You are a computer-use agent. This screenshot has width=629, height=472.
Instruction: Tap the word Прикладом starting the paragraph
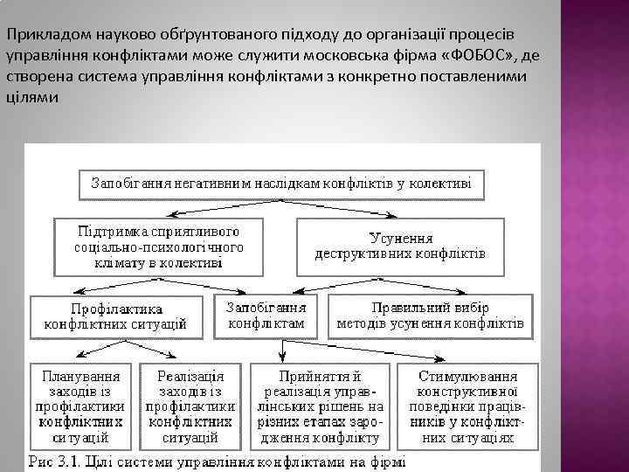tap(40, 35)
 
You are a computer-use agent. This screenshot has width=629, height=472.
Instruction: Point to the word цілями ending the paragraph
tap(32, 98)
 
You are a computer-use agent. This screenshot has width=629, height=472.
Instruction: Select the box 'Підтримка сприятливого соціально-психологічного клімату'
tap(159, 246)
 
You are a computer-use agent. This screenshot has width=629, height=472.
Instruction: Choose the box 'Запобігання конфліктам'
tap(266, 316)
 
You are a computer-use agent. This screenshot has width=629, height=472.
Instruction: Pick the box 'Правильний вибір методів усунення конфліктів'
tap(430, 316)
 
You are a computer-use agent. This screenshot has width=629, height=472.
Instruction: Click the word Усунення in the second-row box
tap(401, 237)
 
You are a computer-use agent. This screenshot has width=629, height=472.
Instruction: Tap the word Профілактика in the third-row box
tap(117, 309)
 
